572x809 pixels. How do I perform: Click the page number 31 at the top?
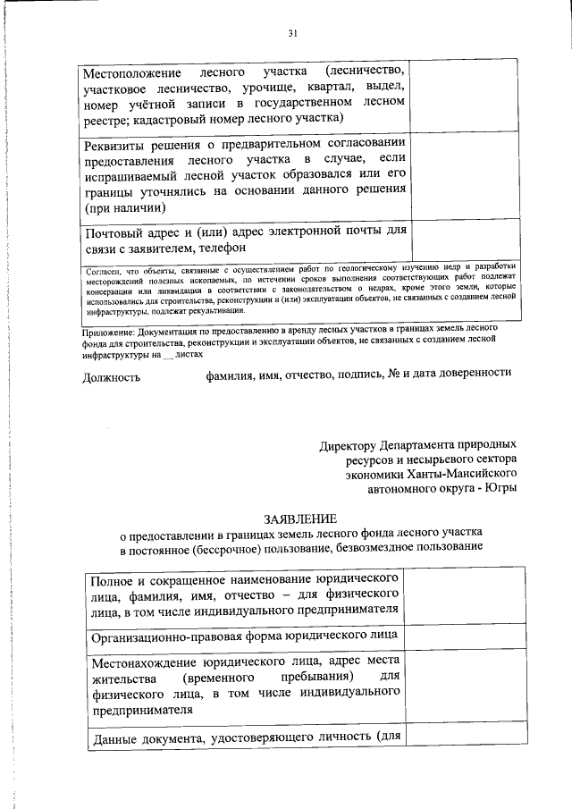[292, 33]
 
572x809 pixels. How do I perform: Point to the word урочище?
[273, 88]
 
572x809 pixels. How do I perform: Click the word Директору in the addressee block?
[351, 443]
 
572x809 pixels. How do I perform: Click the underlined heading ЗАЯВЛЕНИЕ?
[299, 518]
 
